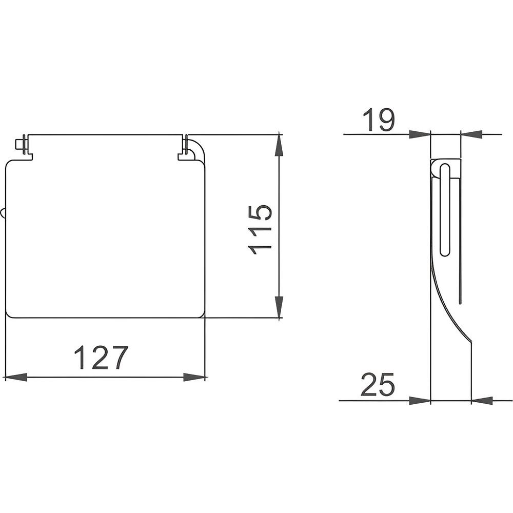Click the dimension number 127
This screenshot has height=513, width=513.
tap(101, 357)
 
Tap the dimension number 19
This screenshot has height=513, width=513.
tap(379, 120)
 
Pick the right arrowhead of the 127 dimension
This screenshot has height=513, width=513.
tap(194, 377)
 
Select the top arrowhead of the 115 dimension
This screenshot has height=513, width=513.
tap(279, 145)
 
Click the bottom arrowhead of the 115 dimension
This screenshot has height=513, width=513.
tap(279, 307)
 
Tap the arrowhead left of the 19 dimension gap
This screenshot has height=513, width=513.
tap(420, 134)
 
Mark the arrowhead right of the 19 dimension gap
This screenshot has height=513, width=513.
tap(471, 134)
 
